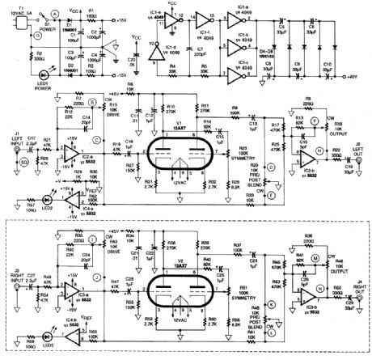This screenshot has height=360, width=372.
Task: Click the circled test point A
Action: [54, 15]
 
